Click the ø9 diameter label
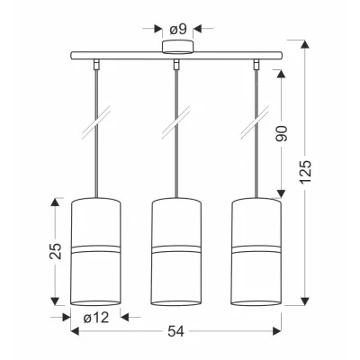click(178, 29)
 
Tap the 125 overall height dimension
click(306, 172)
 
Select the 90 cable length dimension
click(282, 133)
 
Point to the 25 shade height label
click(56, 251)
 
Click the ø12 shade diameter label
click(96, 318)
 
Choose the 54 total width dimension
click(175, 331)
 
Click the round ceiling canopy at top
click(177, 47)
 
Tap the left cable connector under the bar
click(96, 64)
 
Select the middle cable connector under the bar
click(176, 64)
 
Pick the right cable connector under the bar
click(256, 64)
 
